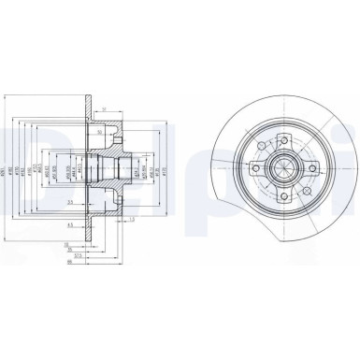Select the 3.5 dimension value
71,202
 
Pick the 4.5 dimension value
71,225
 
